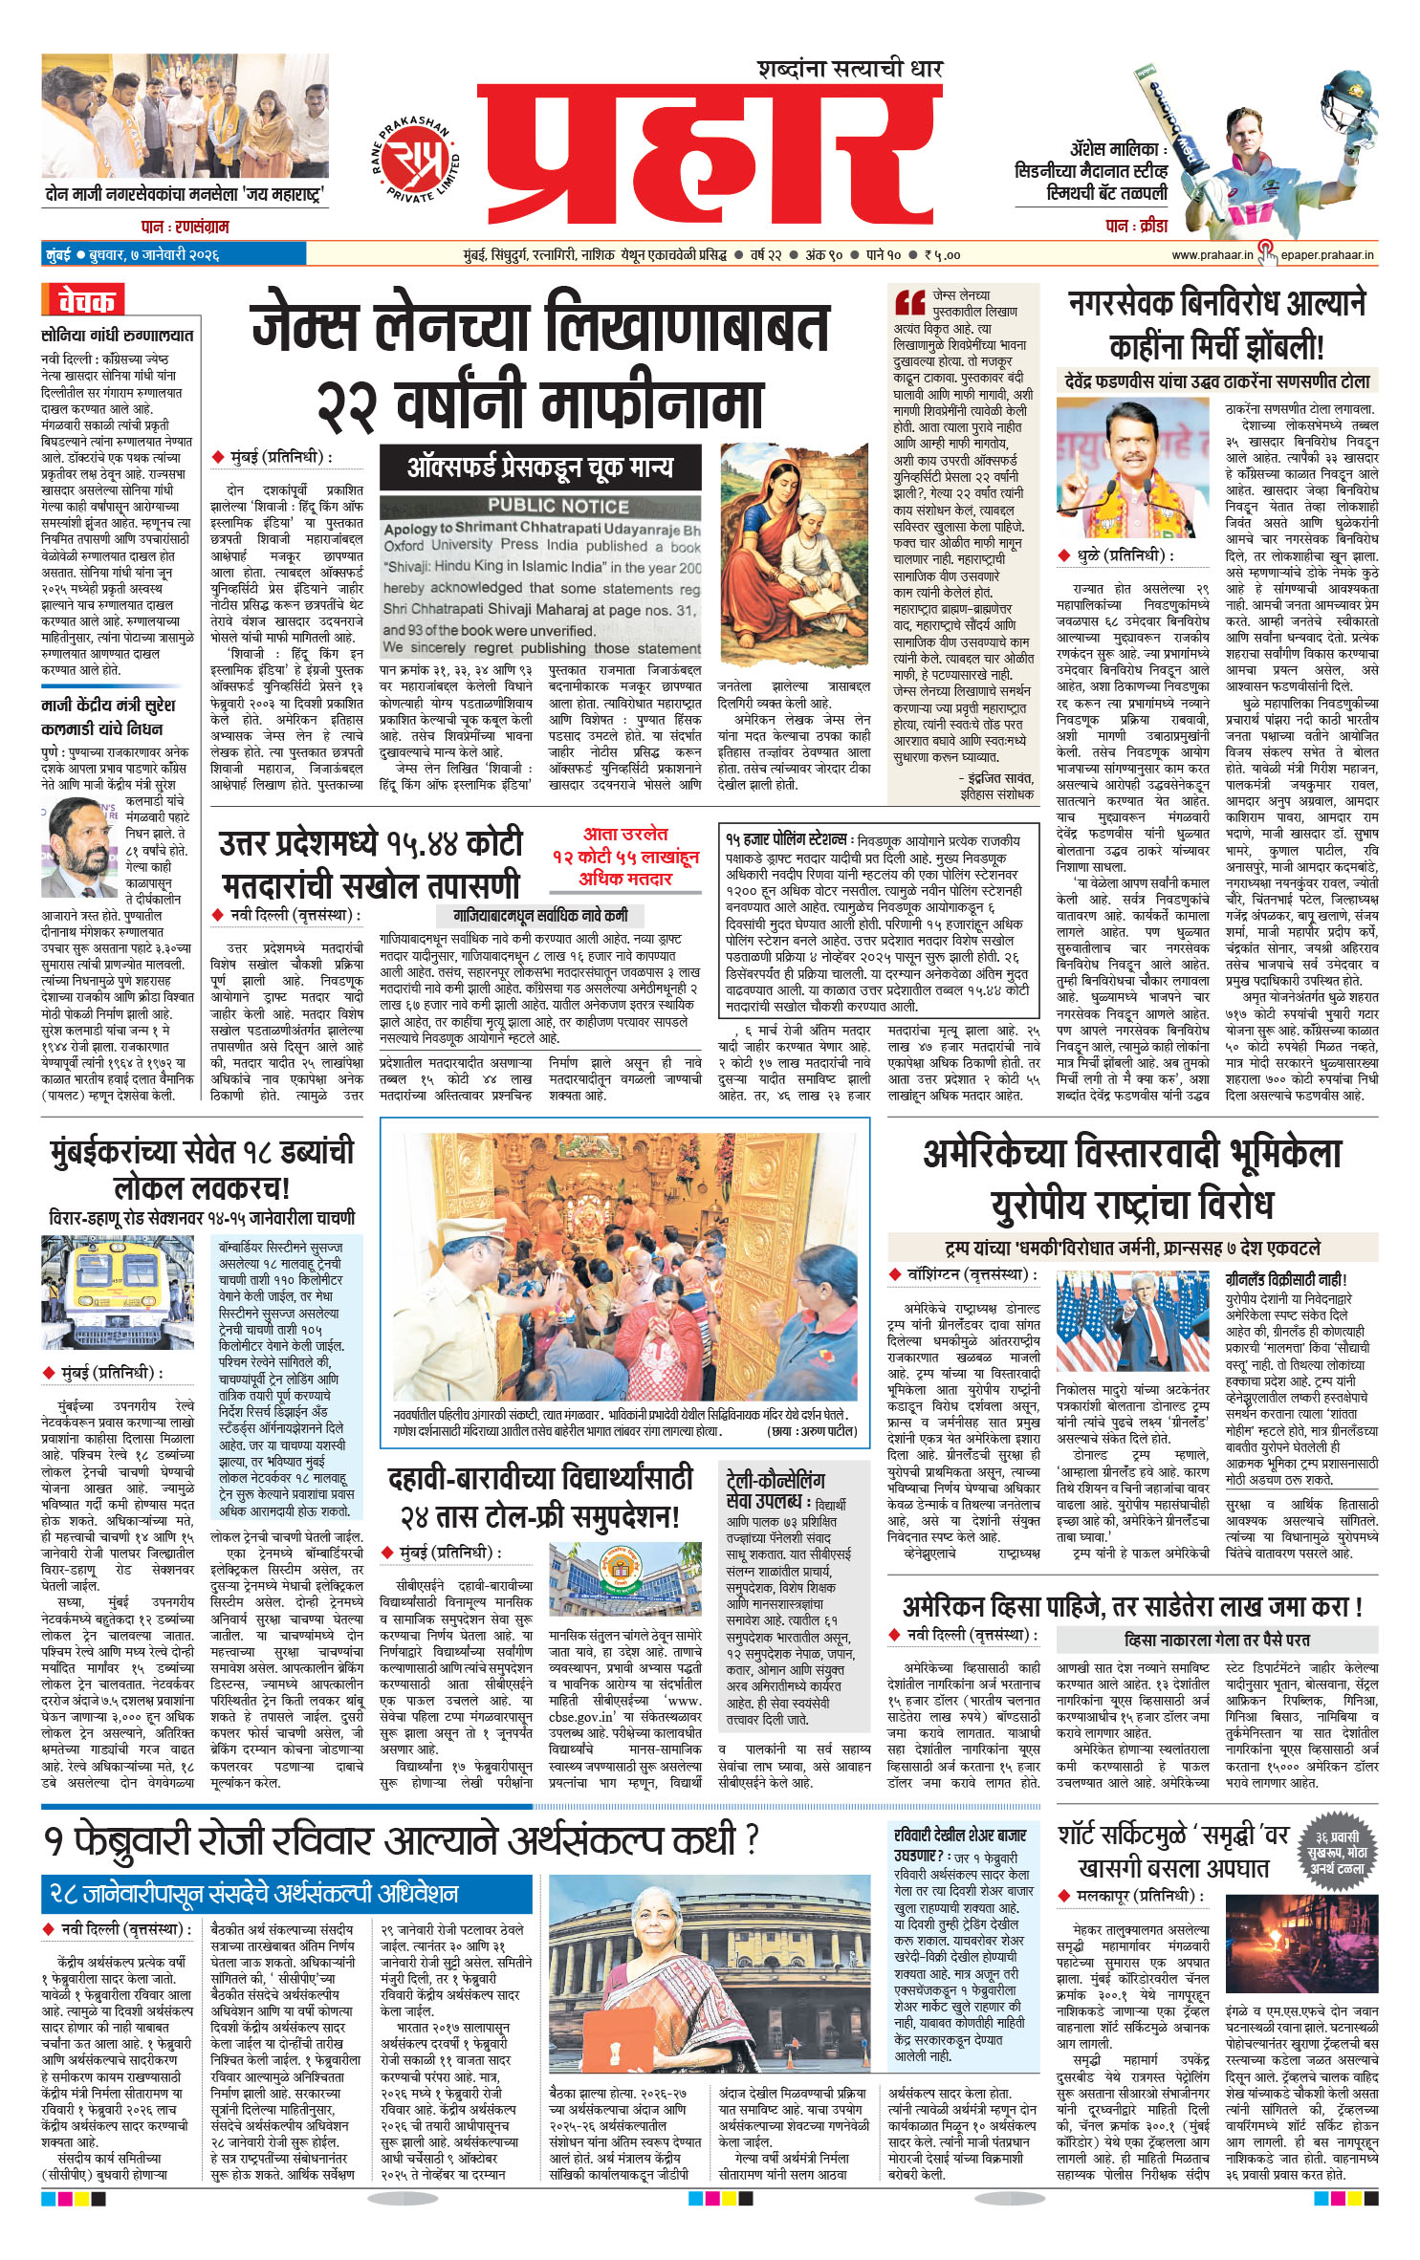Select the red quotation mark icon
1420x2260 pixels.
click(x=908, y=303)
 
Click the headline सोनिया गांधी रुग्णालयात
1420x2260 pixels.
click(x=117, y=336)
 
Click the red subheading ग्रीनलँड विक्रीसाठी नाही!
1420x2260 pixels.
click(x=1285, y=1279)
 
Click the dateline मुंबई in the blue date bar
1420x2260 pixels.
click(x=57, y=255)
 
